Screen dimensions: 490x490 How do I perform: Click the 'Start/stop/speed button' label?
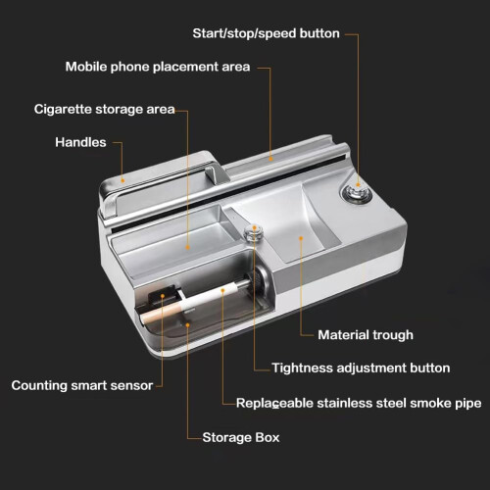point(266,33)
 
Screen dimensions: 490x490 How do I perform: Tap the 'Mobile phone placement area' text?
point(158,67)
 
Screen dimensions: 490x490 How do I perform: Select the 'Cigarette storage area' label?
point(105,110)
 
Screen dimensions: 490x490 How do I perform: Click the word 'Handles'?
point(80,142)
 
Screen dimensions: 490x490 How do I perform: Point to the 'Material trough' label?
point(366,335)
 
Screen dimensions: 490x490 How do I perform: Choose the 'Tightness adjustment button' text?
point(361,368)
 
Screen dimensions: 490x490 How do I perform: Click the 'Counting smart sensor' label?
point(82,386)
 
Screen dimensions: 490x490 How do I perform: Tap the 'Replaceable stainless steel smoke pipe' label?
point(359,404)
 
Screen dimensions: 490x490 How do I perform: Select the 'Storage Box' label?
point(241,438)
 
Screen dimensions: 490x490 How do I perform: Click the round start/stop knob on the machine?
point(358,193)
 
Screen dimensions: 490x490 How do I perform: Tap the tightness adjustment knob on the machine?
point(254,232)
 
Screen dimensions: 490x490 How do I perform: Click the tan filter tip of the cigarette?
point(160,313)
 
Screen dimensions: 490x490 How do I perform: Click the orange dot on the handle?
point(122,180)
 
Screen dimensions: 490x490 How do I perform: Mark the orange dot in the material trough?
point(301,238)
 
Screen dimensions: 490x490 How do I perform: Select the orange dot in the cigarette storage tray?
point(187,247)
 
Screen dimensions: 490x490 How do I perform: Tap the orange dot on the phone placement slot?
point(270,159)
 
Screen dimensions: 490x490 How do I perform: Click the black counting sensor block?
point(164,296)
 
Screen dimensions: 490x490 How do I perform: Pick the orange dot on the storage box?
point(187,324)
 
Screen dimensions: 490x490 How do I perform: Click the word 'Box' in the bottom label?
point(268,438)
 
